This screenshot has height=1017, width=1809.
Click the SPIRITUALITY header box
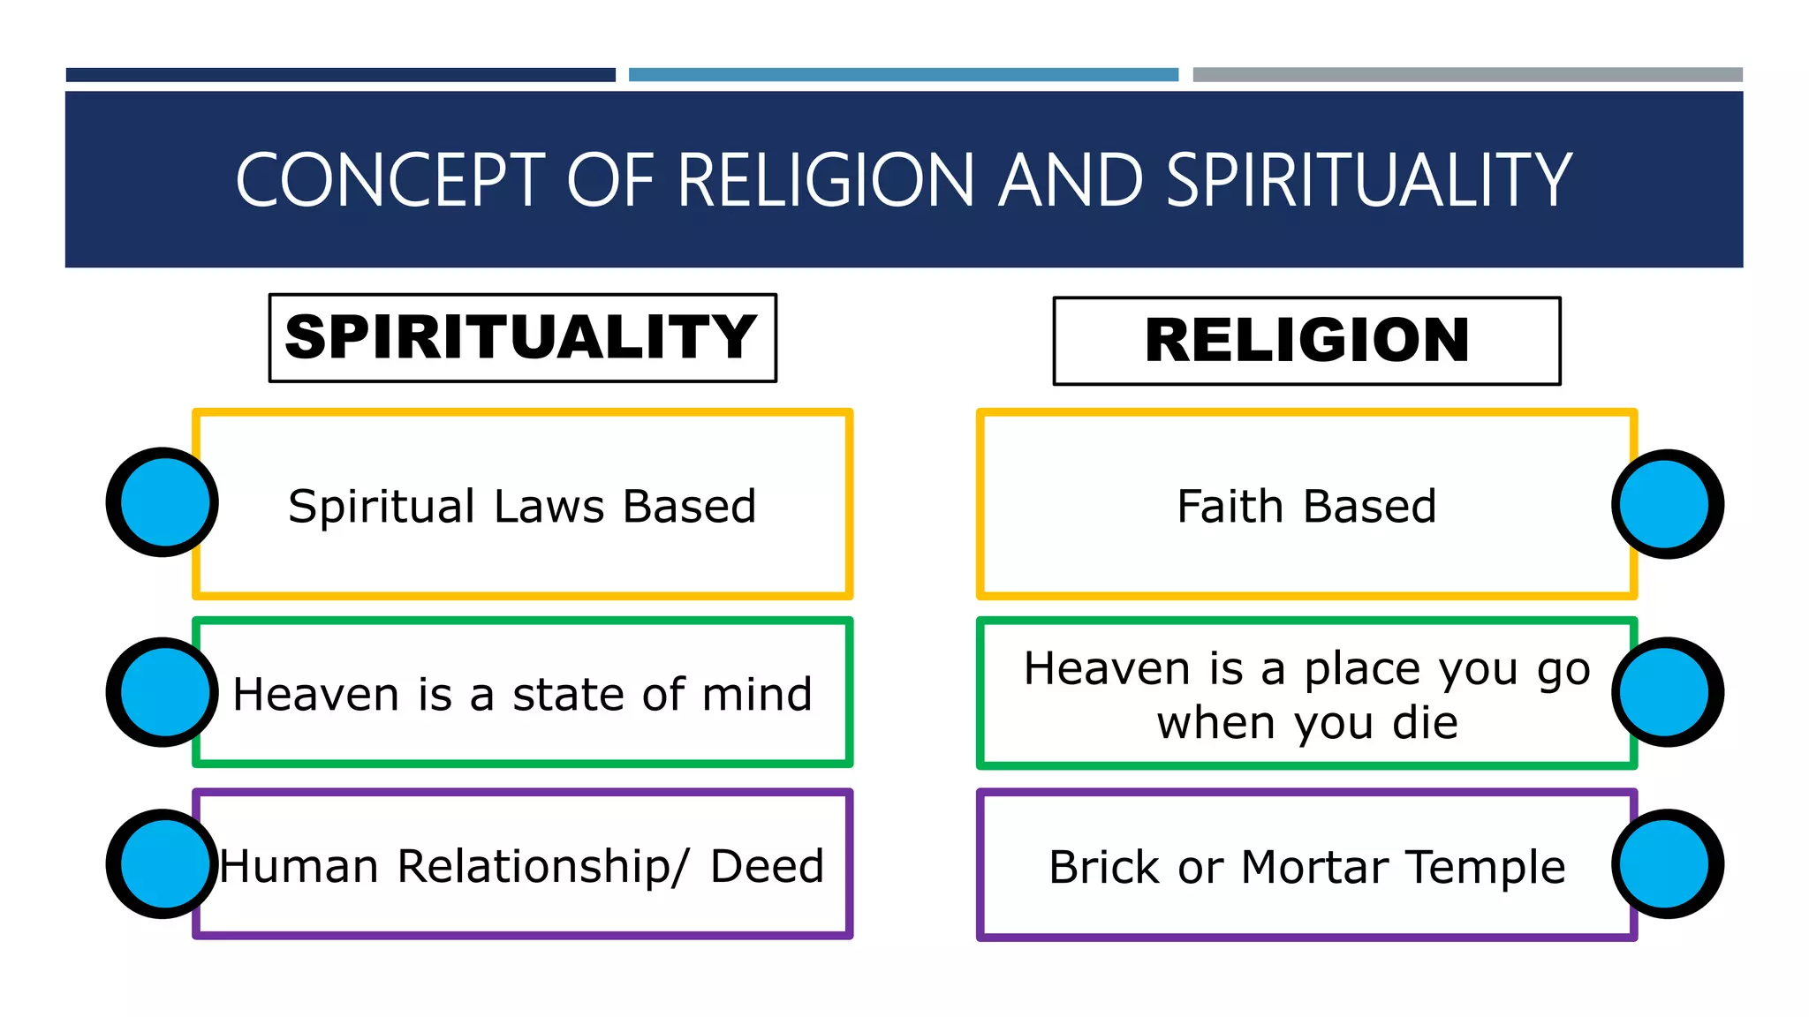[x=522, y=338]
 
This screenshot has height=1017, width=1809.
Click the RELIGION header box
[x=1306, y=341]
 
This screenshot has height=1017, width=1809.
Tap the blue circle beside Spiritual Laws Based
[x=163, y=502]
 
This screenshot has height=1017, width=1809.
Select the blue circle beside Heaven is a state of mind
[x=163, y=692]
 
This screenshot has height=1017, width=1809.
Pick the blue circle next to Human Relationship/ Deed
[x=163, y=864]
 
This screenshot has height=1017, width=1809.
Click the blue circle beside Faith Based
[x=1667, y=504]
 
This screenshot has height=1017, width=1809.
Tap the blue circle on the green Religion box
[x=1667, y=692]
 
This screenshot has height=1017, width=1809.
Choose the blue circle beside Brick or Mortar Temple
[x=1667, y=864]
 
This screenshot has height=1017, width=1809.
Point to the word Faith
[x=1230, y=507]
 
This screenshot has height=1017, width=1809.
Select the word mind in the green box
[x=757, y=694]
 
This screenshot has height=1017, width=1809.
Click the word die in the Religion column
[x=1425, y=723]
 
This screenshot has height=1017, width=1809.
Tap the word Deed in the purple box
[x=767, y=866]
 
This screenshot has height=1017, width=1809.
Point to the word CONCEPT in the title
[x=390, y=180]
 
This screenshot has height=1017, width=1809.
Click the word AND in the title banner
[x=1071, y=180]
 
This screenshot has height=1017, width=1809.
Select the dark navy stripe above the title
[x=340, y=75]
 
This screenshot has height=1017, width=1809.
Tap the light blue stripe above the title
[x=903, y=75]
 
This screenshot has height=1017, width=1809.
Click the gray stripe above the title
[x=1467, y=75]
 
